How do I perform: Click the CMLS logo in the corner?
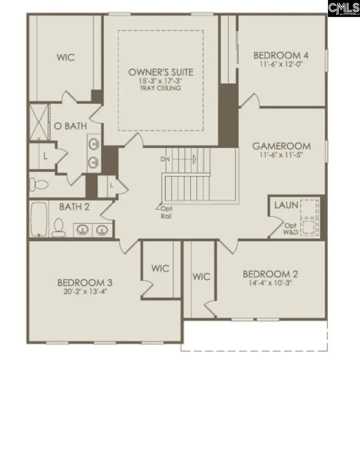[x=344, y=8]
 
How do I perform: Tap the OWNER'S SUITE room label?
[x=161, y=72]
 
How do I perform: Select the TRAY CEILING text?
[x=161, y=88]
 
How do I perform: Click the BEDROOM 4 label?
[x=281, y=55]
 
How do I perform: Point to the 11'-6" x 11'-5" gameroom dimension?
[x=281, y=155]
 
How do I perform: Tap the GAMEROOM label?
[x=281, y=146]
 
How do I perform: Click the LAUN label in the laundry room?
[x=286, y=205]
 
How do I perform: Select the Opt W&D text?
[x=291, y=229]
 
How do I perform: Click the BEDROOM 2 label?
[x=270, y=274]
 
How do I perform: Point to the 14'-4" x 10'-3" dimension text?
[x=270, y=283]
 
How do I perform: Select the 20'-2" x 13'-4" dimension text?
[x=85, y=292]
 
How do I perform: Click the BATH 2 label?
[x=74, y=207]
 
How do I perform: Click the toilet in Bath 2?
[x=58, y=227]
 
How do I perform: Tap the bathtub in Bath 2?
[x=39, y=220]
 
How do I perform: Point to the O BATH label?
[x=70, y=126]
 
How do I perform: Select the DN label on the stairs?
[x=165, y=159]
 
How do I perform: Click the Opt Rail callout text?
[x=166, y=212]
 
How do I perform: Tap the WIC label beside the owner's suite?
[x=66, y=58]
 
